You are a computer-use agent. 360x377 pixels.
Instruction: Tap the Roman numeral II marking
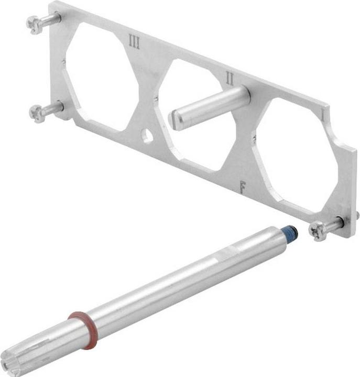click(x=229, y=78)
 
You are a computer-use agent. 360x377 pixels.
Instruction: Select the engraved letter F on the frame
click(x=242, y=186)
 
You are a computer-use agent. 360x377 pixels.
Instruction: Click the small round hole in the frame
click(x=148, y=137)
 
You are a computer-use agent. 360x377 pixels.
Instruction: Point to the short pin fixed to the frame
click(x=210, y=108)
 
